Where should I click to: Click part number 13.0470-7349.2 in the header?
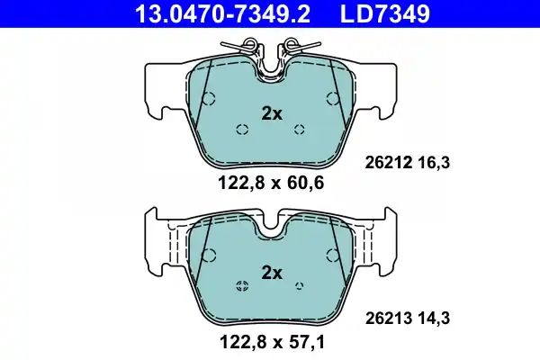point(222,13)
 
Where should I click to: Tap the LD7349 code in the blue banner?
point(385,13)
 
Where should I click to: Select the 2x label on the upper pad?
point(272,113)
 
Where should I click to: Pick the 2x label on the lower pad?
point(272,273)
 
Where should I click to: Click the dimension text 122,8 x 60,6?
point(271,183)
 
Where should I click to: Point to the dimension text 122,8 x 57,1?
point(272,342)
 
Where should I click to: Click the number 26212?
point(389,163)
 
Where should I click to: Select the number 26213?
point(389,319)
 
